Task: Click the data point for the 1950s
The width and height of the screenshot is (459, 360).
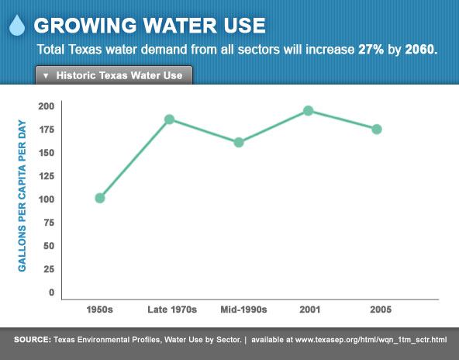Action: coord(100,198)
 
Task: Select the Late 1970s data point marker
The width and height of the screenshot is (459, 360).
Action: coord(170,119)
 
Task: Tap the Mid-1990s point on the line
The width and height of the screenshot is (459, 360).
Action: coord(239,142)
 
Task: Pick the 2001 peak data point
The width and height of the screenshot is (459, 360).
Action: coord(309,111)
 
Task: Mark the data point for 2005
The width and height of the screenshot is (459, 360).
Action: coord(377,129)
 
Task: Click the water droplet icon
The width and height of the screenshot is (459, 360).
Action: coord(17,25)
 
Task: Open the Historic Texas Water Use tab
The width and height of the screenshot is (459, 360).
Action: coord(114,75)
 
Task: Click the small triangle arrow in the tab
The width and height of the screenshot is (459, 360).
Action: coord(46,75)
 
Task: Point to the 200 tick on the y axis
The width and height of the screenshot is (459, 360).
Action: coord(47,106)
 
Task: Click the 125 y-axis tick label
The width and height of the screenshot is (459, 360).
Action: coord(47,176)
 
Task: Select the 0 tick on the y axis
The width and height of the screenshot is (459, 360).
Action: coord(51,292)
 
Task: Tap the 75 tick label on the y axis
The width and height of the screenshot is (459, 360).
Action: coord(49,223)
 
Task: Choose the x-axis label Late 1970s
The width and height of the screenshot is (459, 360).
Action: coord(172,310)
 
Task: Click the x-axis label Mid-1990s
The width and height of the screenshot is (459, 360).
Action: coord(243,310)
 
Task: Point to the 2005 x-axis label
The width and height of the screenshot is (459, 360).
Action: coord(381,310)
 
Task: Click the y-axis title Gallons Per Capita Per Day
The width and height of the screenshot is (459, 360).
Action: coord(22,196)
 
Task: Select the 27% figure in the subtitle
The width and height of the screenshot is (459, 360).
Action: coord(371,50)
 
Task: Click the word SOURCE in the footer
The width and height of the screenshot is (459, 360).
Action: coord(33,340)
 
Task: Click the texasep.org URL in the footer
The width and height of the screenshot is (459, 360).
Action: coord(371,340)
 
